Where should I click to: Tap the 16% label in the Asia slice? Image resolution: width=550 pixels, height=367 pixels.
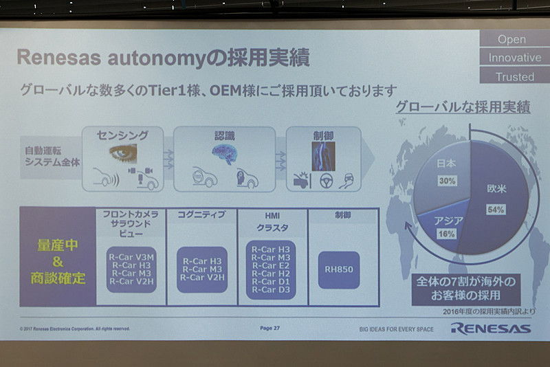(448, 234)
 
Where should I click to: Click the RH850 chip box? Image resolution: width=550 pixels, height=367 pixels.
(339, 269)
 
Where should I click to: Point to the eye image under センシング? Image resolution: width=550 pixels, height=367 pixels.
(122, 152)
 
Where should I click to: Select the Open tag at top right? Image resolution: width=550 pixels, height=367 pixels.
(511, 39)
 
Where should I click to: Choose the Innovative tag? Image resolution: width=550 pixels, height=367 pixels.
(514, 58)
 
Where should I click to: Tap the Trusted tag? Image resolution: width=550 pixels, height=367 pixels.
(515, 76)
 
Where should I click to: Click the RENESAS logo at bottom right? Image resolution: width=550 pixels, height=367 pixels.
(490, 328)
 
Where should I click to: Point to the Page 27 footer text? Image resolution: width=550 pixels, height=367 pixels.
(269, 329)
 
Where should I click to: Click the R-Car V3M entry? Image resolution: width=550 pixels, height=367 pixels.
(131, 256)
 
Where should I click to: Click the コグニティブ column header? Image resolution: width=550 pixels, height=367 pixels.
(201, 215)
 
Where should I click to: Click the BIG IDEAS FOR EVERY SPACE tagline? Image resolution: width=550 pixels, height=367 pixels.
(396, 329)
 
